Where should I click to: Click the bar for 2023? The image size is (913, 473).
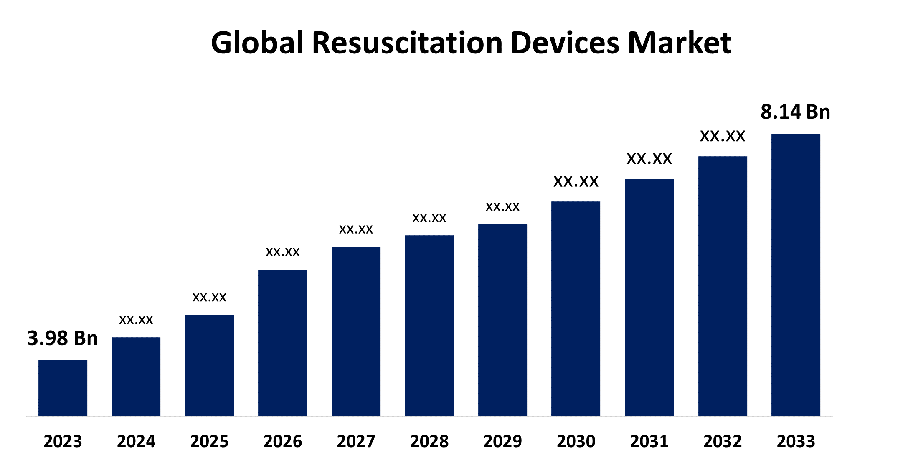(63, 387)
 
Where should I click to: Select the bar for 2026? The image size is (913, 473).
(282, 342)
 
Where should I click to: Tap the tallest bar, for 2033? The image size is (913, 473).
(796, 275)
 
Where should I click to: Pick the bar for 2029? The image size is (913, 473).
(502, 320)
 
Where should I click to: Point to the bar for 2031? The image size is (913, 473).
(649, 297)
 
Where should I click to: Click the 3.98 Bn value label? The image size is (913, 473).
(63, 338)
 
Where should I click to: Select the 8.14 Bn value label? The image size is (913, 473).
(795, 112)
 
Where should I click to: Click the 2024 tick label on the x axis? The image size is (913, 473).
(136, 441)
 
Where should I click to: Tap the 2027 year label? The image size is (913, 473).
(356, 441)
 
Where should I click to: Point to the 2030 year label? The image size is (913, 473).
(576, 441)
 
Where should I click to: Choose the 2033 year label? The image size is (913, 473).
(796, 441)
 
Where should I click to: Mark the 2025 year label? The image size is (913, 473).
(209, 441)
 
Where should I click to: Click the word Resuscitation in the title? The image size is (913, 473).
(407, 43)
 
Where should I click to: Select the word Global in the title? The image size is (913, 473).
(257, 43)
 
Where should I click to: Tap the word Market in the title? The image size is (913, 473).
(679, 43)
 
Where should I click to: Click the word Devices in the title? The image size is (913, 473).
(565, 43)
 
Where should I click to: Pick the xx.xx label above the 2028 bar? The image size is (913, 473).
(429, 218)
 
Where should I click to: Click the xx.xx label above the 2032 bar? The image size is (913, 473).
(723, 136)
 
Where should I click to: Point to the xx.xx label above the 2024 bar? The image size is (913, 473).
(136, 320)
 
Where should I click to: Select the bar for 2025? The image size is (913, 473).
(209, 365)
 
